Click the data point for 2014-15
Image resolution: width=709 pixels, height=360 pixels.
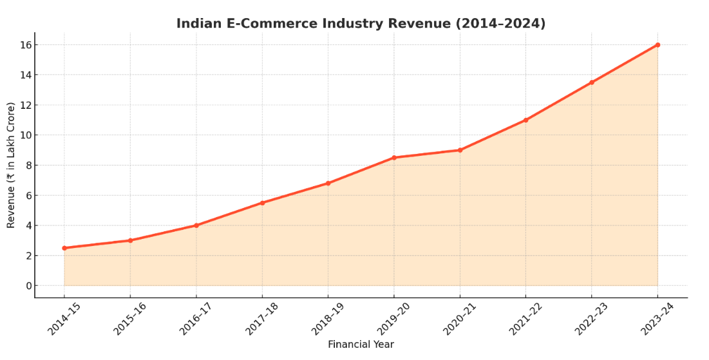pos(64,248)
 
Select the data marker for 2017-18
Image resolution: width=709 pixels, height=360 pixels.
pos(262,203)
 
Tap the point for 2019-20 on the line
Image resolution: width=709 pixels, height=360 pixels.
pos(394,158)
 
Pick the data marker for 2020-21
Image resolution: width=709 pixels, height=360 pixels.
pos(460,150)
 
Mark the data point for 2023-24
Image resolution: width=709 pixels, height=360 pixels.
pos(657,45)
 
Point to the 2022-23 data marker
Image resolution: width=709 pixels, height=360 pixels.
pos(592,82)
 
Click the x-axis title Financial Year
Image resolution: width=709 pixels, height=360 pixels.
pos(361,345)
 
